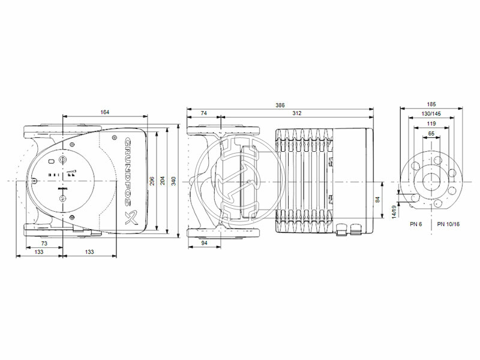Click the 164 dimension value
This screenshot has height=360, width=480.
pos(105,112)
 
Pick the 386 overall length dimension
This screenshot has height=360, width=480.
pos(280,105)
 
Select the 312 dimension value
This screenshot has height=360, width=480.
pos(296,113)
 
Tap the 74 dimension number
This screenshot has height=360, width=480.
pos(203,113)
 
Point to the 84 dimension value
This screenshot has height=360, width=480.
pos(378,199)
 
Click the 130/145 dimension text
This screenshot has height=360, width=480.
pos(432,113)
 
